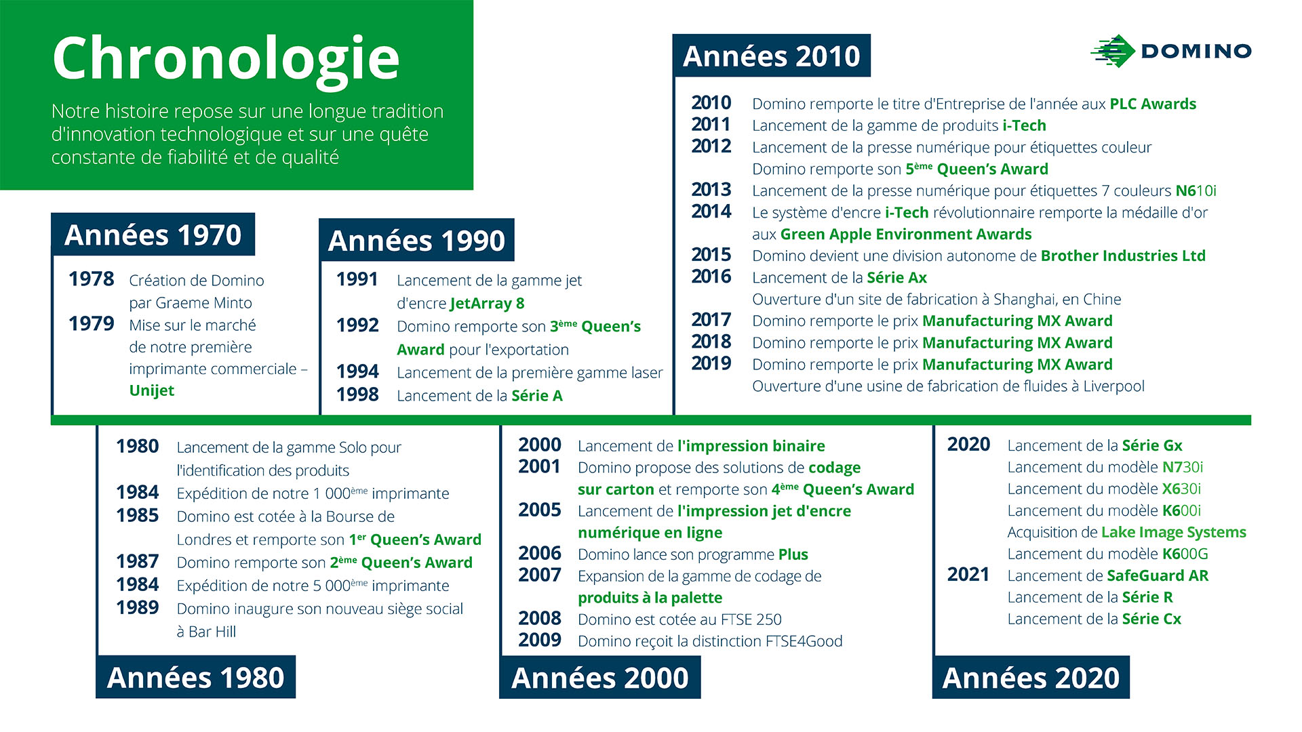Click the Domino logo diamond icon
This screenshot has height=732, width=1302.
click(1113, 51)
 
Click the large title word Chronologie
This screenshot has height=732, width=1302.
click(226, 60)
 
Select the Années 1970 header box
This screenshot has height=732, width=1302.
click(153, 235)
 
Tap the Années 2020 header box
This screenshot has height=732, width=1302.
click(1031, 677)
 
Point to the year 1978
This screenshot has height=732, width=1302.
click(92, 279)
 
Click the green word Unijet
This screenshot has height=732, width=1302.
click(152, 390)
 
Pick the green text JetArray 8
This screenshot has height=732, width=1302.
click(487, 303)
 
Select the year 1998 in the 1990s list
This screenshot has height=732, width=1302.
click(357, 394)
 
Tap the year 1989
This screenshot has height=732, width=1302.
click(138, 607)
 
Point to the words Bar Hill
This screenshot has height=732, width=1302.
click(212, 632)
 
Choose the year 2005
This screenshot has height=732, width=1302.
click(540, 510)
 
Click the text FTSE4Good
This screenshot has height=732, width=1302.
click(804, 641)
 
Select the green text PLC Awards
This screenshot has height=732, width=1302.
click(1153, 104)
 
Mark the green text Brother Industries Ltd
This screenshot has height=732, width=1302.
click(1123, 256)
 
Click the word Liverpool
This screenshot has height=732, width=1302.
click(1113, 386)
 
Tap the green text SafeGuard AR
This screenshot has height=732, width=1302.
click(1158, 576)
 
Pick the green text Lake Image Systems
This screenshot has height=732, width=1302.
click(1174, 533)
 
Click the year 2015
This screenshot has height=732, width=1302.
click(711, 255)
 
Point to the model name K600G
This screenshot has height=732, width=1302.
click(1185, 554)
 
